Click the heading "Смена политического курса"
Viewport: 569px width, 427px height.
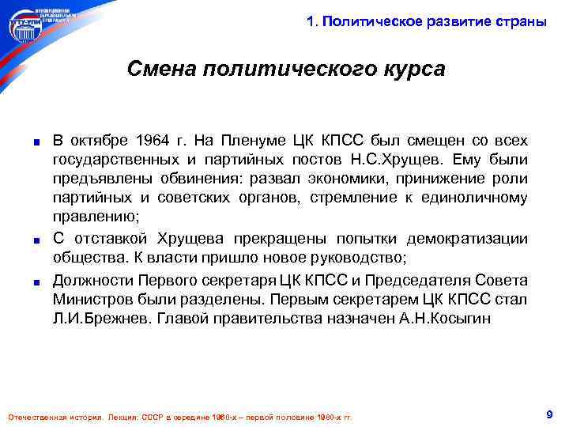pos(286,70)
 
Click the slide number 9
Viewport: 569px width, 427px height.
pos(548,414)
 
